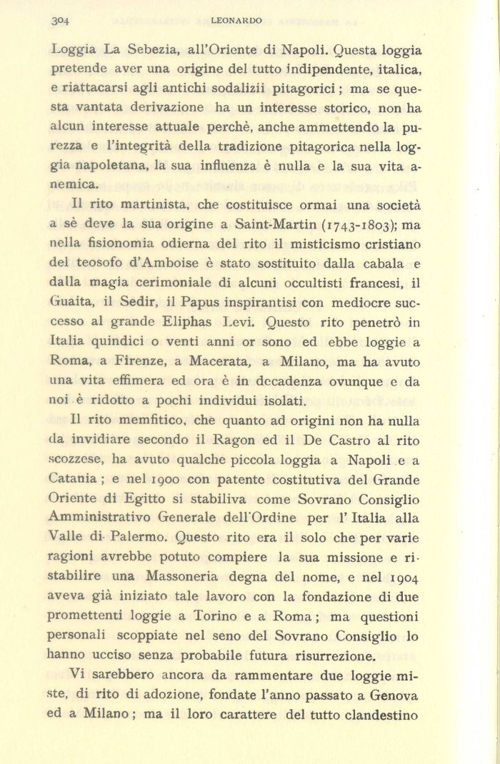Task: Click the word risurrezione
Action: click(331, 653)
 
